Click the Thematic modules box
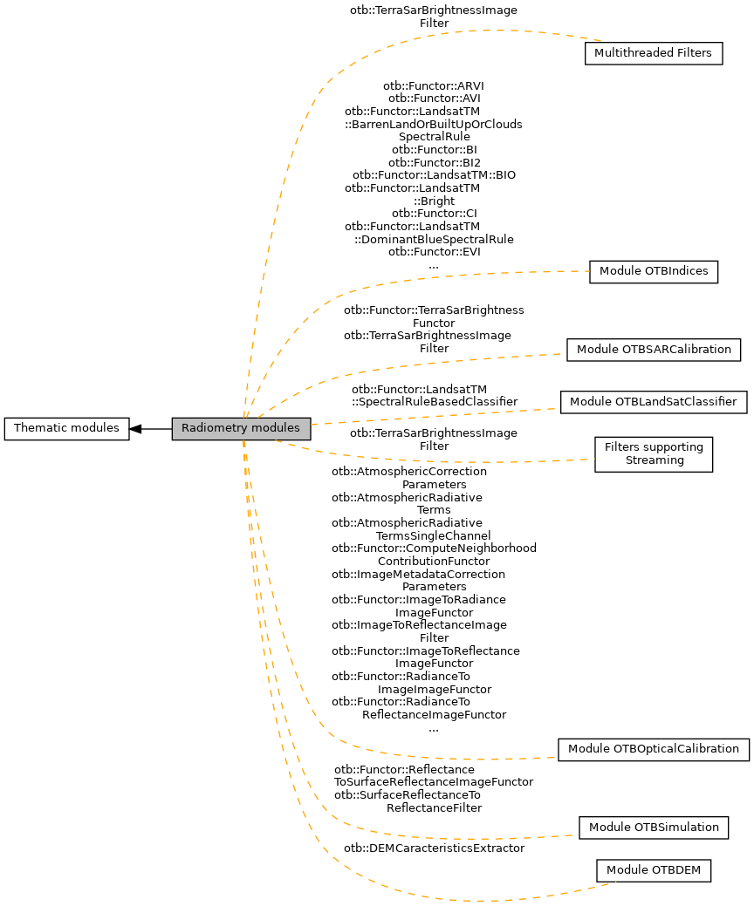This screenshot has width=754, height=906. click(67, 428)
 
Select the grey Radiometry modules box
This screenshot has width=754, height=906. click(241, 428)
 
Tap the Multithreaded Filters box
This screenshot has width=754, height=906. click(653, 53)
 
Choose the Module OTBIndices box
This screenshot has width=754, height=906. click(654, 271)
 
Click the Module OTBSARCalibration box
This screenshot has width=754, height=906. click(654, 350)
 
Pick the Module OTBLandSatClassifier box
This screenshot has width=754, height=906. click(654, 402)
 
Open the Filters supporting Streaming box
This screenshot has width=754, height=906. click(654, 454)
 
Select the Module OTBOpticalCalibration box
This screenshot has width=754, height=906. click(653, 749)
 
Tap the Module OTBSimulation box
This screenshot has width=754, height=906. click(654, 827)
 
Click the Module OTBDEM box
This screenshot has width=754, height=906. click(654, 870)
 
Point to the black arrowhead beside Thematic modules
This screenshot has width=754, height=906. click(136, 428)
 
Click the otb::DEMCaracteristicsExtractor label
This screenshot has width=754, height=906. click(434, 848)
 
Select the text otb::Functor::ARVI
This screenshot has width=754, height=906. click(434, 85)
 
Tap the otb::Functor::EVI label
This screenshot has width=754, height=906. click(434, 252)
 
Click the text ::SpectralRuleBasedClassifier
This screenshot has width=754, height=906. click(435, 401)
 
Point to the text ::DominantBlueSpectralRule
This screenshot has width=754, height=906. click(434, 239)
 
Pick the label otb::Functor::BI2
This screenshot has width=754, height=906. click(434, 162)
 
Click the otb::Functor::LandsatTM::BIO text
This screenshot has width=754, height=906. click(434, 175)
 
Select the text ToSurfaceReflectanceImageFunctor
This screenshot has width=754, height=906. click(434, 782)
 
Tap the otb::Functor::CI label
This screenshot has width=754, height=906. click(434, 214)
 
